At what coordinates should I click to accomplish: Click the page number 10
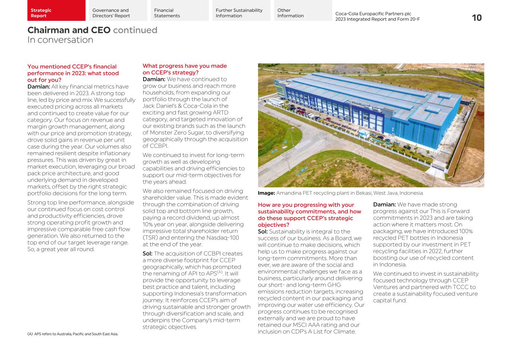(x=477, y=18)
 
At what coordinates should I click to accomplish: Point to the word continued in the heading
(x=135, y=30)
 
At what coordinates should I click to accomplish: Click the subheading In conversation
(x=60, y=40)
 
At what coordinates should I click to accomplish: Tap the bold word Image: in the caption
(x=266, y=193)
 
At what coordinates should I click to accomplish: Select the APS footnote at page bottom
(x=73, y=334)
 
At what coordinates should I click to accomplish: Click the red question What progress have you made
(x=185, y=66)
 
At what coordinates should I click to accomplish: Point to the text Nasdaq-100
(x=223, y=238)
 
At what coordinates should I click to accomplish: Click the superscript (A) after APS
(x=220, y=272)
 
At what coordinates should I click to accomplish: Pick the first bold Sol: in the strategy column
(x=147, y=254)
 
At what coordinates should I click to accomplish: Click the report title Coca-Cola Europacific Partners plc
(x=373, y=14)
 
